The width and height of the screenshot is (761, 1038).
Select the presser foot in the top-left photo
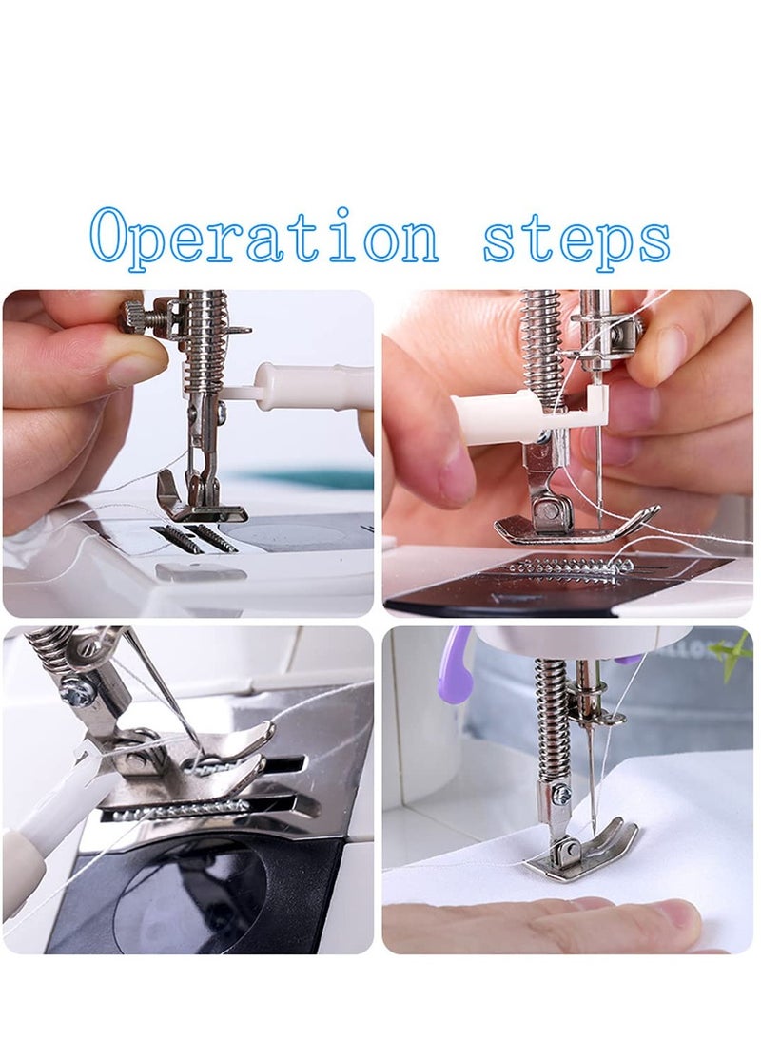(199, 496)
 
